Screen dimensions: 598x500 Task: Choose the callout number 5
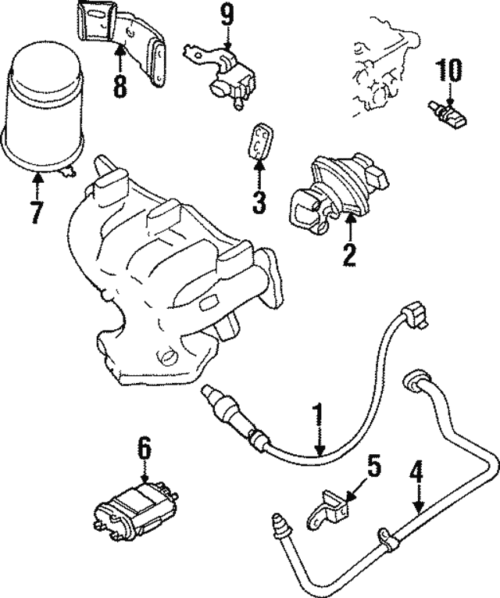point(374,467)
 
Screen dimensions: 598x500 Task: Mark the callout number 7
point(36,212)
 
